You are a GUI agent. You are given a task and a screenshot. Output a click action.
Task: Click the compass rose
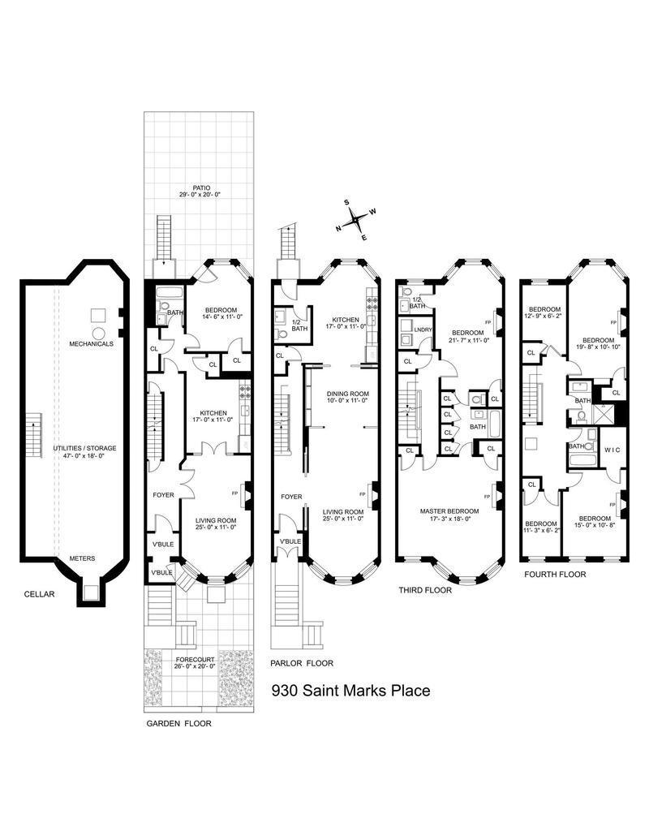[355, 219]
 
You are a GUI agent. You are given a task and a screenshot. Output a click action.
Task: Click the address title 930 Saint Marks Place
[350, 691]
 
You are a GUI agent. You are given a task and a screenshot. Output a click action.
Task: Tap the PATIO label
[200, 188]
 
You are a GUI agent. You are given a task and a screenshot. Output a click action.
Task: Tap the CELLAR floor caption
[39, 594]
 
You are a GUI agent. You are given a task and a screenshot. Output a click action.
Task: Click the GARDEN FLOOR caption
[178, 723]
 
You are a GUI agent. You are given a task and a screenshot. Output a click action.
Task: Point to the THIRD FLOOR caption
[425, 590]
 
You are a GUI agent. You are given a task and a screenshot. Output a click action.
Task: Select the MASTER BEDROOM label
[449, 511]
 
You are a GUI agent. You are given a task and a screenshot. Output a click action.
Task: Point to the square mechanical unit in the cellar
[98, 314]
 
